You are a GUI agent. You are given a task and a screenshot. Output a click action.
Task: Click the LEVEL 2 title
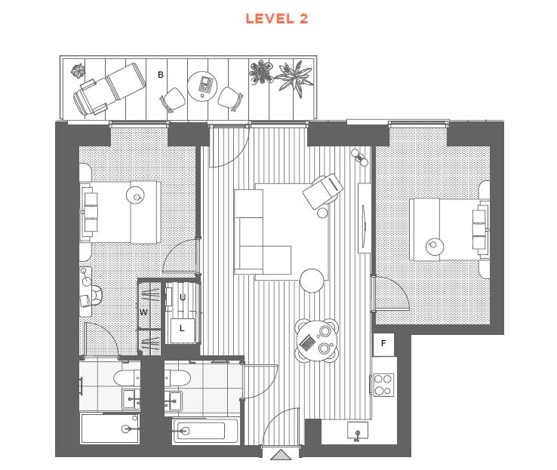276,19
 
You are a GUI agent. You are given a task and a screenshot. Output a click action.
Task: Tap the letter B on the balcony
161,75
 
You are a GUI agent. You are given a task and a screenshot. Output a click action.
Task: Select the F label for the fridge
383,343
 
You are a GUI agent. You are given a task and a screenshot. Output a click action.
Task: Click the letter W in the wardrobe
143,312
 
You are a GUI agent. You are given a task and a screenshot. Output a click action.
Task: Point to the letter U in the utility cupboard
183,297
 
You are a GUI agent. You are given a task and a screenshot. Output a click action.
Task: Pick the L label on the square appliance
182,328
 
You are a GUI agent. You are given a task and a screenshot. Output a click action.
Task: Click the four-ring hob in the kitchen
383,385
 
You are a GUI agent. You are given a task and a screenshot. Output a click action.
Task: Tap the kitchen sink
358,431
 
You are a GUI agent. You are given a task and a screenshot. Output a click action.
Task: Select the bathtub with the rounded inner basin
206,431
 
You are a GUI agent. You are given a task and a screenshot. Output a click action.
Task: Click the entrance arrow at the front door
281,455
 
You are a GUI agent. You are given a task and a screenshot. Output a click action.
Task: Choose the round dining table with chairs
317,340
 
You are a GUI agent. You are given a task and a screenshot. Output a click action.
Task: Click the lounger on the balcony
109,89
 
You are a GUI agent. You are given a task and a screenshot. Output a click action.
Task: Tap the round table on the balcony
202,87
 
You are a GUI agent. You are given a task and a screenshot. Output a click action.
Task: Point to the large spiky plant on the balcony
294,78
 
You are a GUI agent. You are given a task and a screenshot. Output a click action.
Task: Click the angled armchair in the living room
322,191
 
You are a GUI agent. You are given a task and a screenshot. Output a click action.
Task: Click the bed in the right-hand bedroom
450,229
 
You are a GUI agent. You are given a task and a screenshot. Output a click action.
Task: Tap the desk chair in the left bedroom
95,295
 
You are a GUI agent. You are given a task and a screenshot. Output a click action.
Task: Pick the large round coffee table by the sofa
312,281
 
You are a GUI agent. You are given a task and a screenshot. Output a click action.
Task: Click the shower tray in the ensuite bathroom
109,428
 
